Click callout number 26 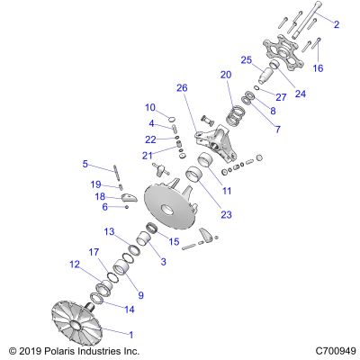[182, 88]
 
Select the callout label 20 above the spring [226, 75]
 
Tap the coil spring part [236, 115]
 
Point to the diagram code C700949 [336, 351]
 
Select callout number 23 [226, 214]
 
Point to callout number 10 [150, 107]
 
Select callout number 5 [85, 164]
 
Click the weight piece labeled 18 [129, 198]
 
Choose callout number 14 [130, 309]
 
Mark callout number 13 [110, 231]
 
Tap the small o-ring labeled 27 [256, 87]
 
